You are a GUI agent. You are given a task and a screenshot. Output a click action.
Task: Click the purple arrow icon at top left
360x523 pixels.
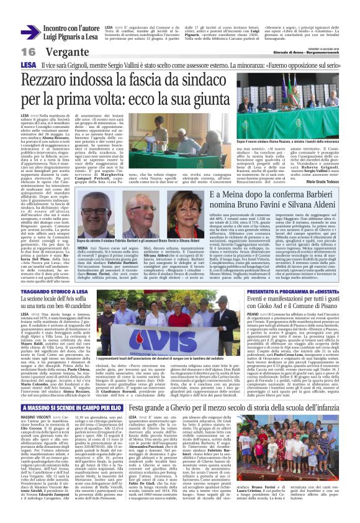point(31,32)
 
